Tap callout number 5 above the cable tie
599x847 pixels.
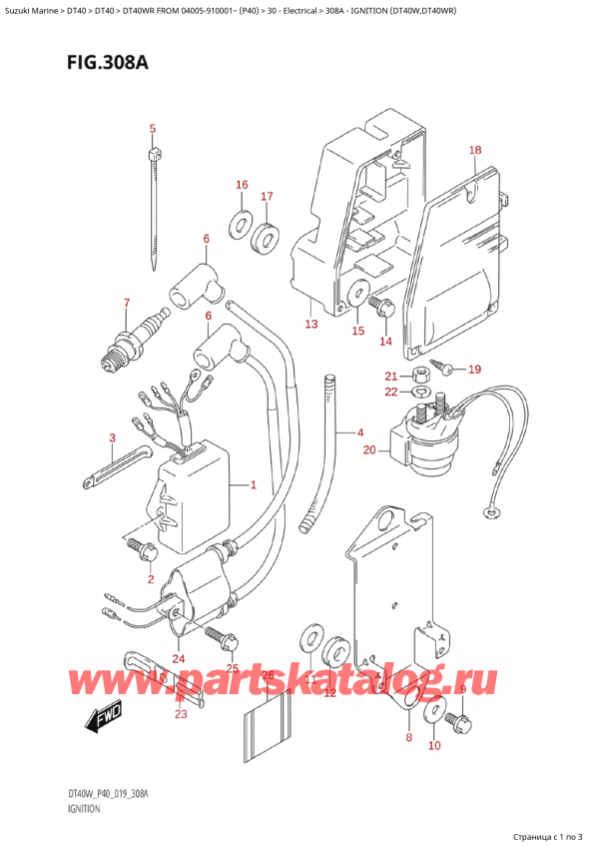pos(153,128)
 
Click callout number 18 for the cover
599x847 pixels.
pos(475,150)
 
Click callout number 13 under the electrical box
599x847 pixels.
pos(310,325)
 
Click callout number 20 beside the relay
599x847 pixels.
pos(369,449)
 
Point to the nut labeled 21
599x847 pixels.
pos(420,375)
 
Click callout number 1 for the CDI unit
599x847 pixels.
pos(254,485)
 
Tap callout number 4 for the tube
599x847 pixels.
pos(359,431)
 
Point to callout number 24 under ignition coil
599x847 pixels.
pos(179,657)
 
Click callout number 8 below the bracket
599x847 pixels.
pos(407,738)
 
